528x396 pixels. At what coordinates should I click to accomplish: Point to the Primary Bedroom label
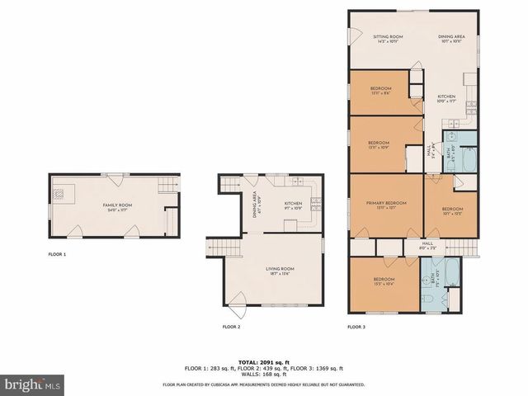click(x=386, y=205)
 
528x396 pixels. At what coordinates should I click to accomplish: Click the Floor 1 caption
click(x=57, y=254)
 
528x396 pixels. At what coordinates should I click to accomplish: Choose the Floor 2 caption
click(x=231, y=328)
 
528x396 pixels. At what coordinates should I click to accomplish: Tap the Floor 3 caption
click(x=356, y=328)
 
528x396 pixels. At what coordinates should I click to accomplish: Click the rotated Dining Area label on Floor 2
click(x=257, y=205)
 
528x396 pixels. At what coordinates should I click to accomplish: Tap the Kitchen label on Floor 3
click(x=446, y=99)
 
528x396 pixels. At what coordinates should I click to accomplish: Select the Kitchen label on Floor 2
click(x=294, y=205)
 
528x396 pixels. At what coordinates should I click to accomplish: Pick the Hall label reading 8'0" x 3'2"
click(x=427, y=245)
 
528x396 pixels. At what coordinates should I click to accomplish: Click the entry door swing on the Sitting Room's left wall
click(x=356, y=37)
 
